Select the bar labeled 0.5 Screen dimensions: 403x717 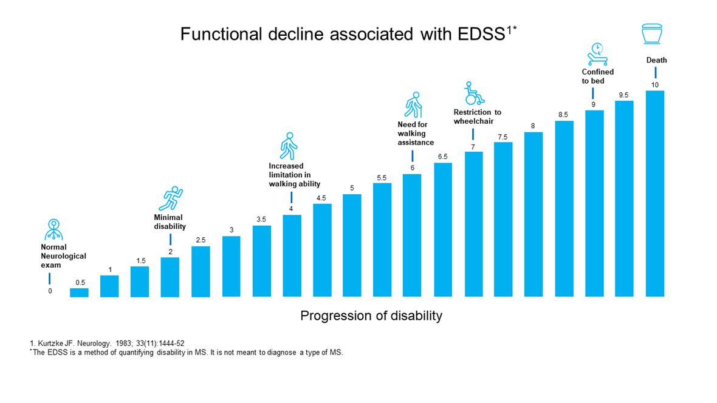(79, 293)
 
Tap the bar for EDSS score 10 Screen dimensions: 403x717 (654, 194)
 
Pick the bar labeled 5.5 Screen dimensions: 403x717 (382, 240)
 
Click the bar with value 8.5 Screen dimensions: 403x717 (564, 209)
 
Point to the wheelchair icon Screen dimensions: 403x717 (473, 93)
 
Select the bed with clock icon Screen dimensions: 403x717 (596, 55)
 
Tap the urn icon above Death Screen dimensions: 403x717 (653, 35)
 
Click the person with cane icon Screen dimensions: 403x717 (413, 105)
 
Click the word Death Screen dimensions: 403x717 (656, 60)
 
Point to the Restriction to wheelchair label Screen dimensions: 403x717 (477, 117)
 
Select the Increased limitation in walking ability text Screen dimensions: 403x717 (294, 175)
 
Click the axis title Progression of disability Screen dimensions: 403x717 (371, 316)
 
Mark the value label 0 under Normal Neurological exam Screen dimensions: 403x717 (50, 291)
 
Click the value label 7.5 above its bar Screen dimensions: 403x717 (503, 137)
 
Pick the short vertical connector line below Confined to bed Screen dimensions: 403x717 (592, 93)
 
